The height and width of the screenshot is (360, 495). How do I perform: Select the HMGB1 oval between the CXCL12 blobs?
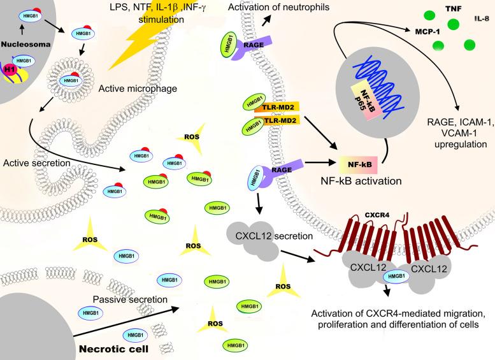click(396, 275)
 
